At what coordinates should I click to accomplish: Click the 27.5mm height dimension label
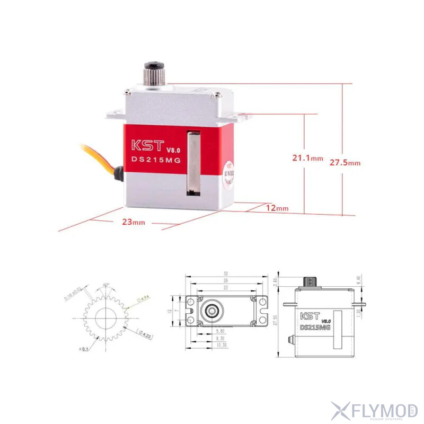click(x=344, y=163)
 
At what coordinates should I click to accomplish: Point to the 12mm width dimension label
click(x=277, y=208)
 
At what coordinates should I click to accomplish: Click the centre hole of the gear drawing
click(x=107, y=318)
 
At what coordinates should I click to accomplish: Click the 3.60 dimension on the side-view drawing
click(x=276, y=281)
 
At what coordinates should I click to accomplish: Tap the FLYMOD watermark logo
click(x=374, y=410)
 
